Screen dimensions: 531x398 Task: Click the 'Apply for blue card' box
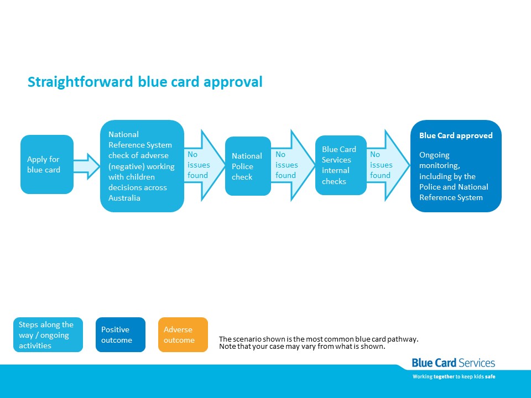(47, 165)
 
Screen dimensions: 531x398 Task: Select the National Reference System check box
(142, 166)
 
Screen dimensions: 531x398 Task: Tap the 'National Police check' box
(248, 166)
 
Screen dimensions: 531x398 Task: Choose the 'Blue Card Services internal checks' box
(341, 165)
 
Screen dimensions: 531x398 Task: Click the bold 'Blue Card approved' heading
(456, 135)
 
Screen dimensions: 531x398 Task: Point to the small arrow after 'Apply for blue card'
(87, 166)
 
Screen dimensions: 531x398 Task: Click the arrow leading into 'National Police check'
(205, 165)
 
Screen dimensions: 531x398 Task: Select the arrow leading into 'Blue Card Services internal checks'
(293, 165)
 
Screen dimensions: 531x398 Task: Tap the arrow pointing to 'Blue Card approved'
(388, 165)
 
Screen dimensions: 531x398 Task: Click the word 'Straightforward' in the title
(80, 82)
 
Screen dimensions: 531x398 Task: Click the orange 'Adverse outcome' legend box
(183, 335)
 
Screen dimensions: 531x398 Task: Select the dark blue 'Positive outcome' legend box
(121, 335)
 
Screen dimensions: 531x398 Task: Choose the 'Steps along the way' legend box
(48, 335)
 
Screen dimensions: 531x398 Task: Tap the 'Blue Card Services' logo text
(454, 363)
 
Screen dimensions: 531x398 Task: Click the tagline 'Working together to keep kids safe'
(454, 376)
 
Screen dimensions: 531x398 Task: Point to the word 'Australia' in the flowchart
(124, 198)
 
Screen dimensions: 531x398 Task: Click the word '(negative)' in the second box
(124, 166)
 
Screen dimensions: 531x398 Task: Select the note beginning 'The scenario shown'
(319, 343)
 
